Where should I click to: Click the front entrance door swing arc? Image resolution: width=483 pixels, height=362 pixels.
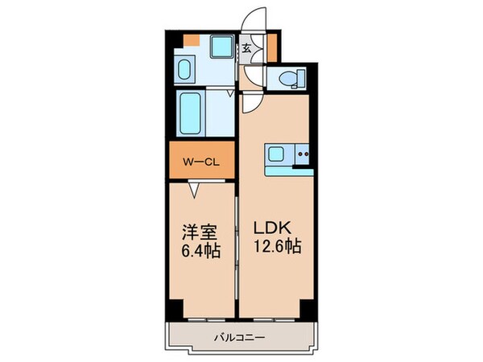click(256, 23)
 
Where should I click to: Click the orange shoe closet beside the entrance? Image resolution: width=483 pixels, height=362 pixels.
click(272, 46)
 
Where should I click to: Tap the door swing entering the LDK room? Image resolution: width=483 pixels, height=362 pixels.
click(250, 102)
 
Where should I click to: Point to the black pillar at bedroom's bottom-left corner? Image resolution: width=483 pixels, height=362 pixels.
click(175, 308)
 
